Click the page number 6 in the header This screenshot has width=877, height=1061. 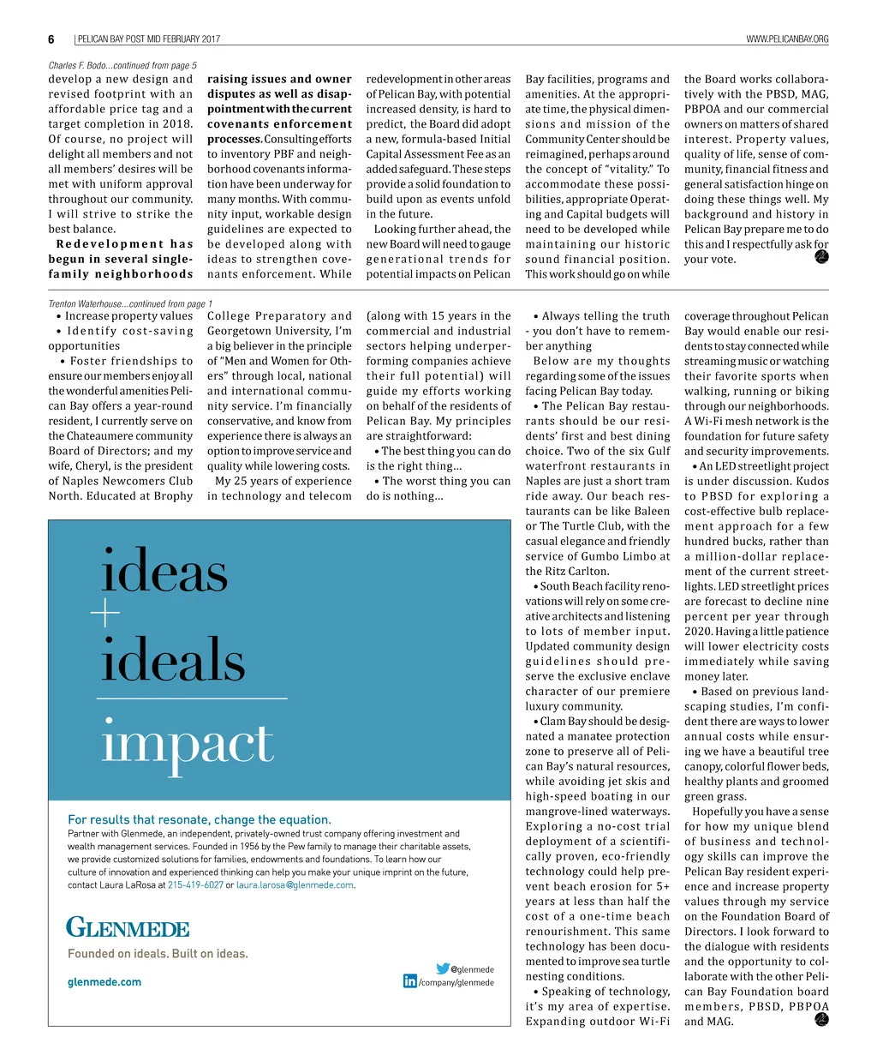pyautogui.click(x=51, y=39)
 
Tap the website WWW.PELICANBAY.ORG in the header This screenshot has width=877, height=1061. pyautogui.click(x=787, y=39)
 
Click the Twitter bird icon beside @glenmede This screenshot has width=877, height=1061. pyautogui.click(x=443, y=968)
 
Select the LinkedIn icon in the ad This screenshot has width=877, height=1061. pyautogui.click(x=410, y=981)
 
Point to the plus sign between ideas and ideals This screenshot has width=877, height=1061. pyautogui.click(x=105, y=614)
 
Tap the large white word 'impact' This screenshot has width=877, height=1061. pyautogui.click(x=188, y=744)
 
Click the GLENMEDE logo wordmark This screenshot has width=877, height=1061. pyautogui.click(x=128, y=928)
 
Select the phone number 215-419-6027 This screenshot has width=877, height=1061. pyautogui.click(x=195, y=885)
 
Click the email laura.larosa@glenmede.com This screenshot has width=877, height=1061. pyautogui.click(x=295, y=885)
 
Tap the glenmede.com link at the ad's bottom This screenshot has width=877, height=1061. pyautogui.click(x=104, y=982)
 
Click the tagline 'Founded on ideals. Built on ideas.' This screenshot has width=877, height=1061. pyautogui.click(x=158, y=954)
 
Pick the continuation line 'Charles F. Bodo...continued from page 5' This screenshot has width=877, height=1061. pyautogui.click(x=122, y=65)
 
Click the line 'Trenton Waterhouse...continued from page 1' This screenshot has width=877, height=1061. pyautogui.click(x=130, y=303)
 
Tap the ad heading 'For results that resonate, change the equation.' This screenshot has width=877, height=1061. pyautogui.click(x=199, y=819)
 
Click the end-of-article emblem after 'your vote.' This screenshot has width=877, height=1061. pyautogui.click(x=821, y=256)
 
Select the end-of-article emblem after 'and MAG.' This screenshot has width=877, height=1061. pyautogui.click(x=821, y=1019)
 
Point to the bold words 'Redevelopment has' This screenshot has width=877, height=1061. pyautogui.click(x=124, y=244)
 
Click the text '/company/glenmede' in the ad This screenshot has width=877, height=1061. pyautogui.click(x=456, y=983)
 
